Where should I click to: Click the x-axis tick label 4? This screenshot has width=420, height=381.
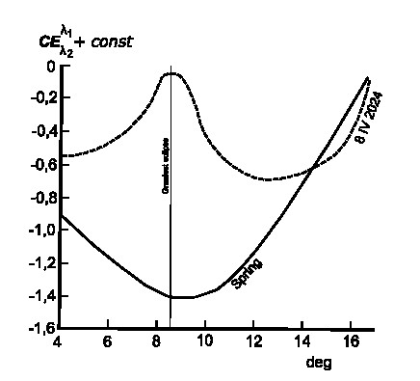pyautogui.click(x=59, y=341)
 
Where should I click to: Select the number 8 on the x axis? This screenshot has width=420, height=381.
pyautogui.click(x=156, y=341)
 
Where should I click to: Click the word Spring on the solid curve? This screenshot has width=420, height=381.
pyautogui.click(x=247, y=273)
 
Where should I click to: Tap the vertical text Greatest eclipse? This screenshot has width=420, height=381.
pyautogui.click(x=165, y=166)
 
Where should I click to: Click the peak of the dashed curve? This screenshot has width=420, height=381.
pyautogui.click(x=171, y=73)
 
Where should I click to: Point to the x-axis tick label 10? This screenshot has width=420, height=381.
pyautogui.click(x=204, y=341)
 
